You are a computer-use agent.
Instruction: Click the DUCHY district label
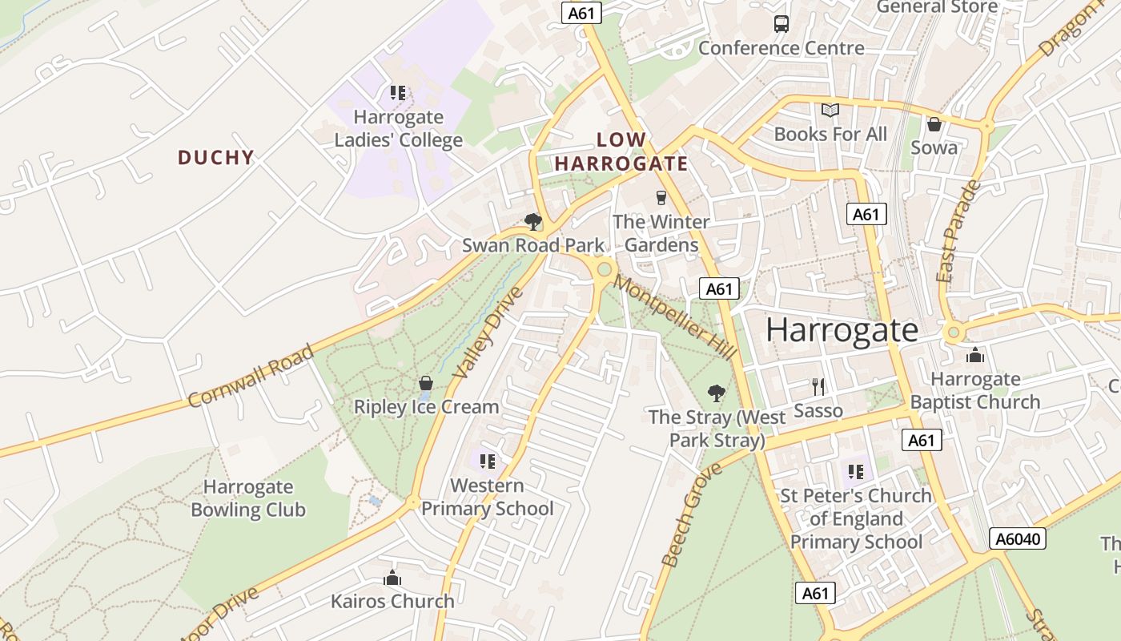(x=215, y=158)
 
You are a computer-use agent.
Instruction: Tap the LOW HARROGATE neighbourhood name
(x=621, y=151)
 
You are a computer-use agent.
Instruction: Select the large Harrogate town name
(x=842, y=330)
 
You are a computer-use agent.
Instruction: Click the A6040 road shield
(x=1018, y=538)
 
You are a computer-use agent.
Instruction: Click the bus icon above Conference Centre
(x=781, y=23)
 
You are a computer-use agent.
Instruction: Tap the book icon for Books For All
(x=830, y=110)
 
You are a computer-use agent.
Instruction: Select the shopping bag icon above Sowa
(x=934, y=124)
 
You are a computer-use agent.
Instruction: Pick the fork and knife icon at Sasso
(x=818, y=387)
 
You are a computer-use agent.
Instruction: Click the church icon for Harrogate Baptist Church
(x=974, y=355)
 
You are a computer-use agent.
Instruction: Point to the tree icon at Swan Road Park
(x=532, y=221)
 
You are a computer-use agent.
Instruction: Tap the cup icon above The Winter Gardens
(x=661, y=197)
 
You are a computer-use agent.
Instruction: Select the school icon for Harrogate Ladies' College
(x=398, y=93)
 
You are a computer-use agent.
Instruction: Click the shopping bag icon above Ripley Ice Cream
(x=426, y=383)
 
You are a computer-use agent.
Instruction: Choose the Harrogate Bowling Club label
(x=248, y=498)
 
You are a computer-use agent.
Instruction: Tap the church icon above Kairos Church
(x=392, y=578)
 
